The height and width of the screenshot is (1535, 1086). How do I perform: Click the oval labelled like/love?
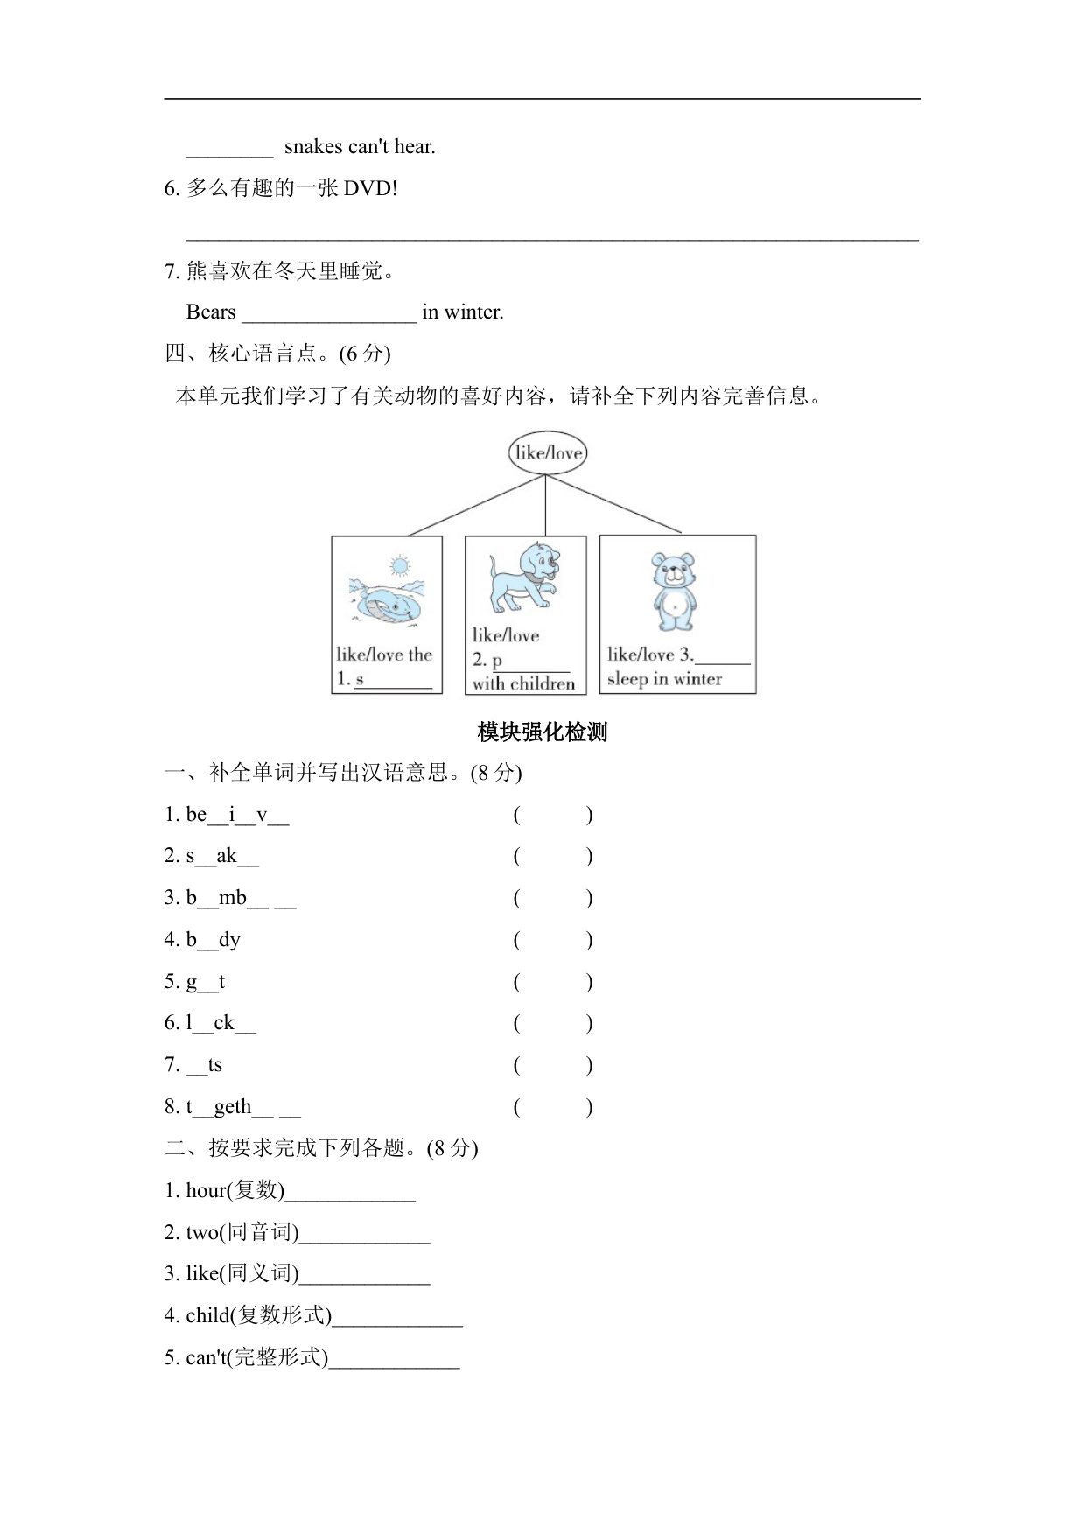point(547,452)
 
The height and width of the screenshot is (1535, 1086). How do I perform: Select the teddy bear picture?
point(674,591)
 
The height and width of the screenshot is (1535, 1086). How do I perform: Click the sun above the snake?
point(400,565)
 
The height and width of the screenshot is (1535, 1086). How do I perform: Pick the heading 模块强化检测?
point(543,732)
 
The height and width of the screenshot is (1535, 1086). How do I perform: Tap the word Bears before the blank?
point(211,312)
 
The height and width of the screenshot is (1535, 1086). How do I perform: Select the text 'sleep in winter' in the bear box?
point(664,679)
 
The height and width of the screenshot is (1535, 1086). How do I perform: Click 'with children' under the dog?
point(523,683)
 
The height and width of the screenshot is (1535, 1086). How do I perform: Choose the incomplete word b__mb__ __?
point(241,898)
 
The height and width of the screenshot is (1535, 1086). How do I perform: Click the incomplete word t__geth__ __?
point(242,1107)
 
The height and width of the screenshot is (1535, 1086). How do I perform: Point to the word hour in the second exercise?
point(206,1190)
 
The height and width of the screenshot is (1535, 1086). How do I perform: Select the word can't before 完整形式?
point(207,1357)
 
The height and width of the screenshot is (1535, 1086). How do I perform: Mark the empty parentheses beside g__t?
point(553,982)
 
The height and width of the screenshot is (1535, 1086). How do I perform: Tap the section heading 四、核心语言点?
point(277,354)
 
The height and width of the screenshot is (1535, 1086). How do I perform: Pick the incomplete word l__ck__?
point(221,1023)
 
